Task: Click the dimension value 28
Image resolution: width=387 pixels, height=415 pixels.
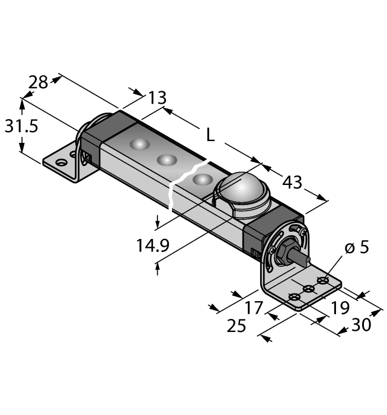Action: (x=39, y=82)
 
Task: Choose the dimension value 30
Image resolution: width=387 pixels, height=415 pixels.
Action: (x=362, y=325)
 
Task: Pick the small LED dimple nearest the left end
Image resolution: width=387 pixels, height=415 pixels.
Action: (x=140, y=145)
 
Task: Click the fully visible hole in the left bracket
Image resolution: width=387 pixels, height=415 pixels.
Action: (x=59, y=161)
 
